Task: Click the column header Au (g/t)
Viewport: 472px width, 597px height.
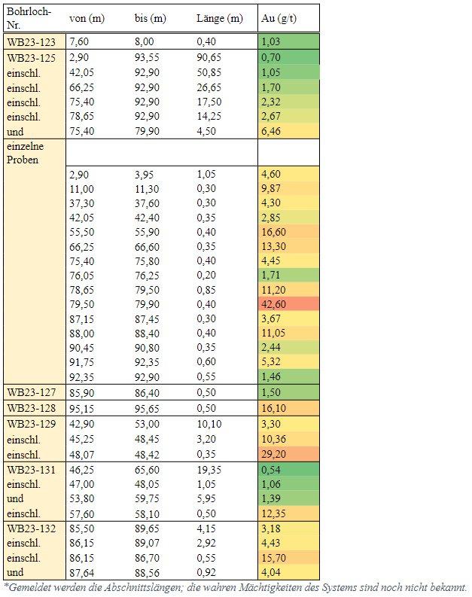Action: (279, 18)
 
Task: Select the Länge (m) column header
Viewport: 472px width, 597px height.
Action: (220, 18)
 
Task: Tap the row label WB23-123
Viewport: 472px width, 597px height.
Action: (31, 42)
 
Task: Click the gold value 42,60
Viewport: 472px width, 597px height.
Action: (274, 304)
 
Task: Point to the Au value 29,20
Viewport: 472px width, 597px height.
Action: (274, 454)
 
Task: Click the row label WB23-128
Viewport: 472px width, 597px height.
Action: (31, 408)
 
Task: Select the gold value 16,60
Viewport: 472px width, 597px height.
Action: (274, 232)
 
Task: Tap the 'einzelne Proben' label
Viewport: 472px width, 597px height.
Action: (25, 153)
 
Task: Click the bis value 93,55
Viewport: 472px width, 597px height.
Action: (147, 57)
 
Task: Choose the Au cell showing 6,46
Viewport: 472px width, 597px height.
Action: (271, 131)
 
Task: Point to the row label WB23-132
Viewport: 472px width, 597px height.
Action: (31, 528)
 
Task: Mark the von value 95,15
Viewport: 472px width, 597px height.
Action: (81, 408)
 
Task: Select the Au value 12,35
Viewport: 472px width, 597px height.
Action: (274, 513)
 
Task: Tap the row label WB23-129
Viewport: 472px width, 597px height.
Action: (31, 424)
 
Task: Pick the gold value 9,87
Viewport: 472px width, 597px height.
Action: (271, 188)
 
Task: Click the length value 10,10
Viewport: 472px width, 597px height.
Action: (209, 424)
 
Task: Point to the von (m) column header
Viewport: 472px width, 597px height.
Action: (87, 18)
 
